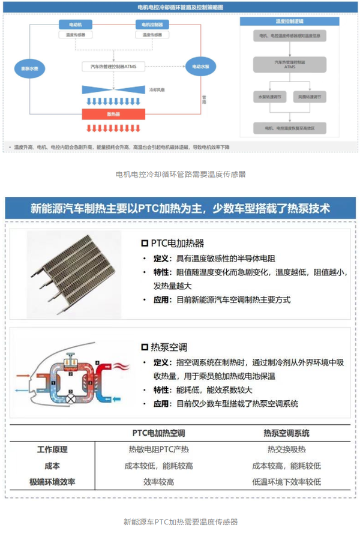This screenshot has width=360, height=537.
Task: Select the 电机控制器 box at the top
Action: pos(149,25)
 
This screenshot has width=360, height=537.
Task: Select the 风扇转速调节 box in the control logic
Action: pos(307,96)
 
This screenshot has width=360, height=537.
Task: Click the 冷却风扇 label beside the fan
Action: pos(157,88)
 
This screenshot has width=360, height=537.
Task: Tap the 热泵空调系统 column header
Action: pos(286,433)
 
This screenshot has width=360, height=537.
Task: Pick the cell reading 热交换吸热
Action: pos(286,449)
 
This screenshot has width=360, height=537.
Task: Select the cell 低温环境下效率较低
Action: pos(286,482)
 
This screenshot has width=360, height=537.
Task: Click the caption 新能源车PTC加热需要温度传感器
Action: pos(180,522)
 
